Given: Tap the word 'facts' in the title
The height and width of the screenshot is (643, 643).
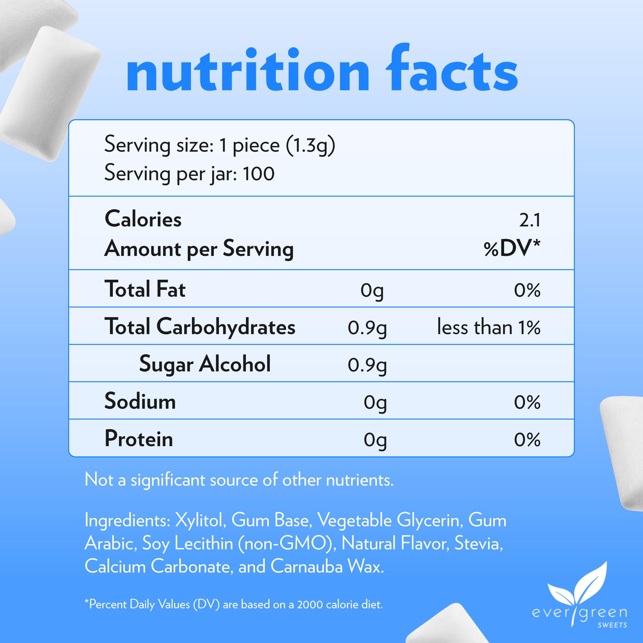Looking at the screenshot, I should pos(451,70).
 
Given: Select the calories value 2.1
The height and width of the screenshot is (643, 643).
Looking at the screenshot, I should pos(530,220).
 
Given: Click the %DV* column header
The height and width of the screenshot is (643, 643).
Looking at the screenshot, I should pos(512,249).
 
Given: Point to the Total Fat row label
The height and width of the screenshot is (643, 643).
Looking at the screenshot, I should pos(145,289).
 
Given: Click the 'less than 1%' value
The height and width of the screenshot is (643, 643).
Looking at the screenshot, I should pos(489,327).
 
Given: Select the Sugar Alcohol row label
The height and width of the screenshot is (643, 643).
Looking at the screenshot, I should pos(205,364).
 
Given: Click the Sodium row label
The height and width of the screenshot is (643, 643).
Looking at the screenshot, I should pos(140,401).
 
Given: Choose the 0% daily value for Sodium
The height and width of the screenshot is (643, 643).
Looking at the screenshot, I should pos(527,403).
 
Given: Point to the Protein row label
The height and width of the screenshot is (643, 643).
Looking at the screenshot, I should pos(139,439).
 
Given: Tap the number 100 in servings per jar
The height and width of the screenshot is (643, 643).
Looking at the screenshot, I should pos(258,174).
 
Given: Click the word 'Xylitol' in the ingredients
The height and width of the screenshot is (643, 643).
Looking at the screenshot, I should pos(199,520).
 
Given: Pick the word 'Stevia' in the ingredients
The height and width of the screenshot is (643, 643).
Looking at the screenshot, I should pos(478,543).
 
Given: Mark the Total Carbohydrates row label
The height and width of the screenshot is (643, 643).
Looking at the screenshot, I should pos(200,327).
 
